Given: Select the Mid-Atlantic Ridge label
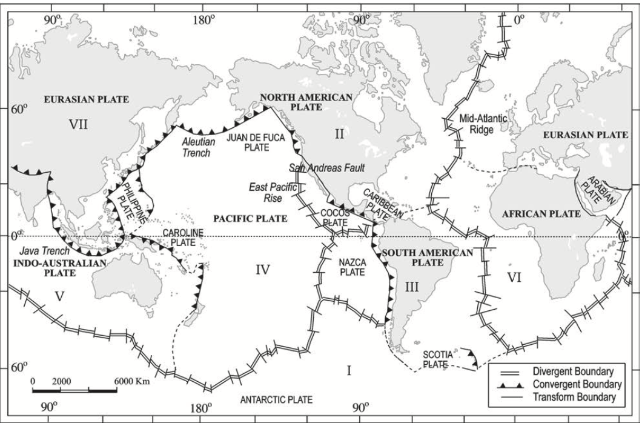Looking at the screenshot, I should tap(483, 124).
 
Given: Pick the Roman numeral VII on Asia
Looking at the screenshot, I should tap(78, 125).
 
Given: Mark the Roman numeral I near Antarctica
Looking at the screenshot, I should tap(348, 370).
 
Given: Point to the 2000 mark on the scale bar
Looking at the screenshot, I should tap(62, 381).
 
